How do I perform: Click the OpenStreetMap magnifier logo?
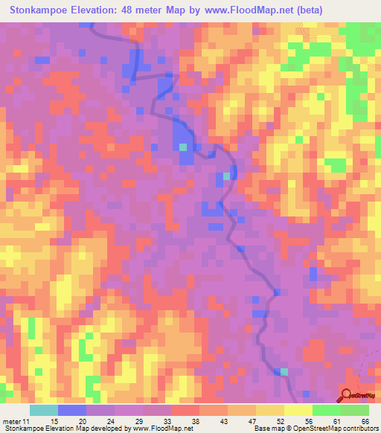(x=348, y=396)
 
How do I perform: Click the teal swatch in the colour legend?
(x=44, y=410)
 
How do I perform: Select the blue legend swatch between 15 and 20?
(x=72, y=410)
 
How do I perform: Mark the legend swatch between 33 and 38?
(x=185, y=410)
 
